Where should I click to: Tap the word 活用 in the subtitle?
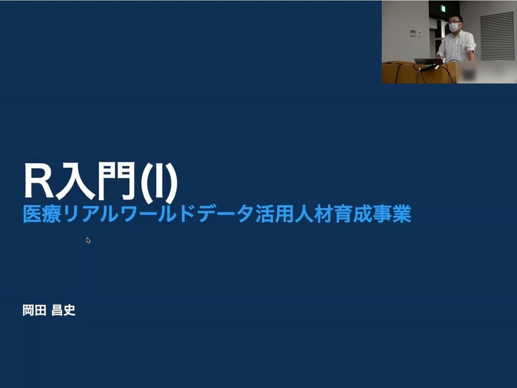pyautogui.click(x=274, y=214)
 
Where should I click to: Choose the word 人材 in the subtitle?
pyautogui.click(x=313, y=214)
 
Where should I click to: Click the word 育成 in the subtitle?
pyautogui.click(x=352, y=214)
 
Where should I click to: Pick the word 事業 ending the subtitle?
pyautogui.click(x=392, y=214)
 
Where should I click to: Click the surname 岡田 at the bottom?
pyautogui.click(x=34, y=310)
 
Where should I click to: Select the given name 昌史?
pyautogui.click(x=64, y=310)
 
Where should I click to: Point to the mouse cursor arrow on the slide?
pyautogui.click(x=88, y=240)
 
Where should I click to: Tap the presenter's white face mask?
pyautogui.click(x=454, y=27)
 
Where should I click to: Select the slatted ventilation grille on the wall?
pyautogui.click(x=497, y=36)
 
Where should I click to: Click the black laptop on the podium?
pyautogui.click(x=428, y=61)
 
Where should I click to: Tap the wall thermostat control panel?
pyautogui.click(x=413, y=33)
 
